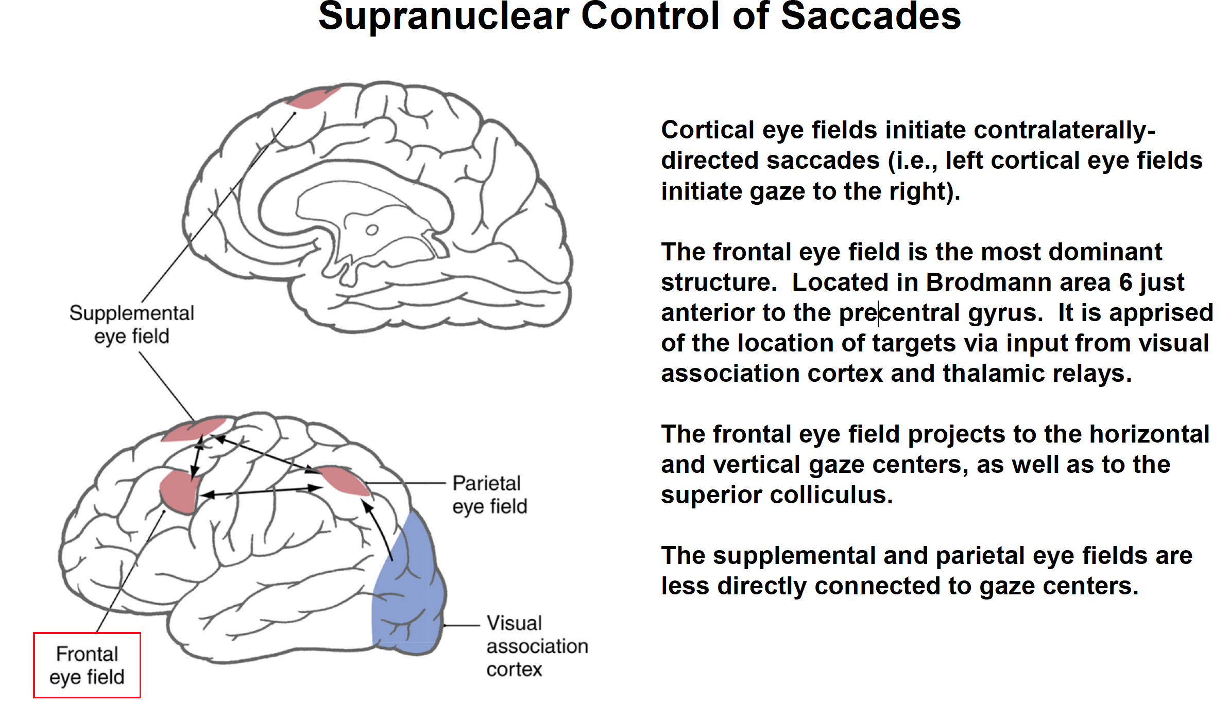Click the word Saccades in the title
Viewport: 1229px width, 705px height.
click(870, 16)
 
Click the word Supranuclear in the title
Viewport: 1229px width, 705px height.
click(443, 16)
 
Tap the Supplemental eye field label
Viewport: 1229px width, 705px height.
click(132, 325)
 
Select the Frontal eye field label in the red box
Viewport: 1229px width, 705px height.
click(87, 665)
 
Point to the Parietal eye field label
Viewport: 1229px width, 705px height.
click(489, 495)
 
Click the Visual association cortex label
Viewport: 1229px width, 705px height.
click(537, 646)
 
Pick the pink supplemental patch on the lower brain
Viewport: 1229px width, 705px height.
click(194, 430)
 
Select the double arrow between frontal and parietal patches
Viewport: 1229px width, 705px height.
click(261, 491)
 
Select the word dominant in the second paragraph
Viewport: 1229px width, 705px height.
click(1105, 252)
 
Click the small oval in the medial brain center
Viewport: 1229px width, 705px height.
click(372, 230)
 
